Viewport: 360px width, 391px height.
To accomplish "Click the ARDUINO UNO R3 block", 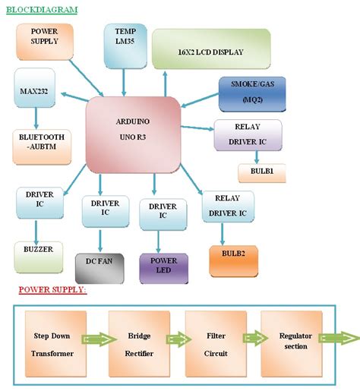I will pos(133,133).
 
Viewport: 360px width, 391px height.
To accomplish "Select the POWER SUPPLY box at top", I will pos(45,41).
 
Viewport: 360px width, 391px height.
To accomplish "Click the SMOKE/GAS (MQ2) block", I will pos(252,95).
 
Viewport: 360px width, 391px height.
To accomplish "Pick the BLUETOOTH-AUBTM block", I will pos(43,146).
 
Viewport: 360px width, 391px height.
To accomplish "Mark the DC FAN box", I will pos(99,269).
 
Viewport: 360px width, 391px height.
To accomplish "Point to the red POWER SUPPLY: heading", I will pos(52,290).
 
